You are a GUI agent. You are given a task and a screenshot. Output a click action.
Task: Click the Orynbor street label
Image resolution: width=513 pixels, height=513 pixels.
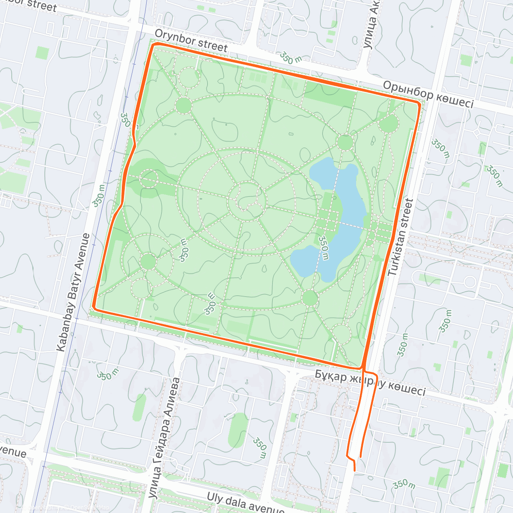point(191,40)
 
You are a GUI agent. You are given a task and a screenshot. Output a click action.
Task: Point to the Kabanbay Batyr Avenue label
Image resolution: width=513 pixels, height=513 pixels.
point(74,292)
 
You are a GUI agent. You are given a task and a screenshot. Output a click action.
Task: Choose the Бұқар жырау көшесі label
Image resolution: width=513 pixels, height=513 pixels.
point(370,383)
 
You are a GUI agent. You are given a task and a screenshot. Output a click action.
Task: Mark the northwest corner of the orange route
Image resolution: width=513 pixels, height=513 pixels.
point(153,44)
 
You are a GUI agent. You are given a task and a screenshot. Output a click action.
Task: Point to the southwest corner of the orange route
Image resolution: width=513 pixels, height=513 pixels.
point(94,306)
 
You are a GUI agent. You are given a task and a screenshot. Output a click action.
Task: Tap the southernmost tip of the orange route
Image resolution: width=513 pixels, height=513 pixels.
point(354,471)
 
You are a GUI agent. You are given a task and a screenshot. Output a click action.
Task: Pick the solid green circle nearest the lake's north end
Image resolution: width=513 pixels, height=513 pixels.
point(345,142)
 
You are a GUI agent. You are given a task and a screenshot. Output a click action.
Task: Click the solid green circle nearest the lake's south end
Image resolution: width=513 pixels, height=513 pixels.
point(310,298)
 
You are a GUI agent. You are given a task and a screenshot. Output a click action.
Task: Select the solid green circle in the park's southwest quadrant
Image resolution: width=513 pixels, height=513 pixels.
point(148,261)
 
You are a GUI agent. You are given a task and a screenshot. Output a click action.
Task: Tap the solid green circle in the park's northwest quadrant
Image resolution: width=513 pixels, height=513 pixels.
point(183,105)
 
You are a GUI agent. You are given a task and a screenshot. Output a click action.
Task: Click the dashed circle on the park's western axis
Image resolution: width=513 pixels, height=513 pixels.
point(149,179)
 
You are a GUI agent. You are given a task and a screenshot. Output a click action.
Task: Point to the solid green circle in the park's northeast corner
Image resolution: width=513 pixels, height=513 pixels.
point(389,124)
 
